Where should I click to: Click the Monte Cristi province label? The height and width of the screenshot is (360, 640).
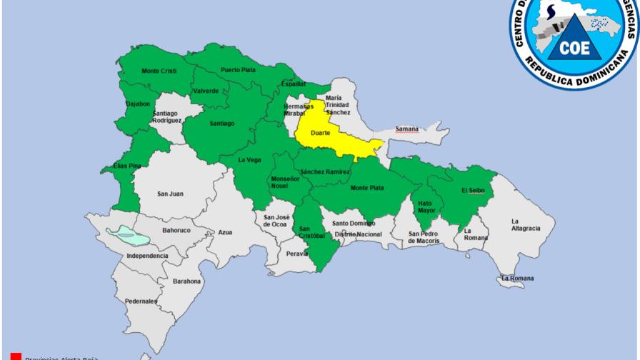click(x=159, y=71)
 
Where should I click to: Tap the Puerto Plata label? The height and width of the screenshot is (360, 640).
click(x=239, y=69)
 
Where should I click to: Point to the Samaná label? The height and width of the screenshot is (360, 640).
click(x=406, y=129)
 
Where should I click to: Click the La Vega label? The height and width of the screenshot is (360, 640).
click(x=249, y=159)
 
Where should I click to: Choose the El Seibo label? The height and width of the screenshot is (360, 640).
click(x=472, y=190)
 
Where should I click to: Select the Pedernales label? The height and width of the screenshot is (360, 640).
click(x=141, y=301)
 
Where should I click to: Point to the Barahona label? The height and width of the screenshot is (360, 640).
click(x=186, y=281)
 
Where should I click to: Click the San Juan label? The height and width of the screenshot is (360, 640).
click(x=170, y=194)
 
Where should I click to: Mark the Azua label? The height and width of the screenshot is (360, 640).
click(x=225, y=232)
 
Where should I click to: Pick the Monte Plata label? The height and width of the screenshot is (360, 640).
click(x=367, y=188)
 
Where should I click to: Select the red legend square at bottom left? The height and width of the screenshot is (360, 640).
click(x=16, y=356)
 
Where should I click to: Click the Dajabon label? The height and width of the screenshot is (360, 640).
click(x=138, y=104)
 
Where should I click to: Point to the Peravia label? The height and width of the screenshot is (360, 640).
click(x=296, y=254)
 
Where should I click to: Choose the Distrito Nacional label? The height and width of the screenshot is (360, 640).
click(x=355, y=234)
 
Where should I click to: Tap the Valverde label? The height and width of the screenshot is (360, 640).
click(x=206, y=91)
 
